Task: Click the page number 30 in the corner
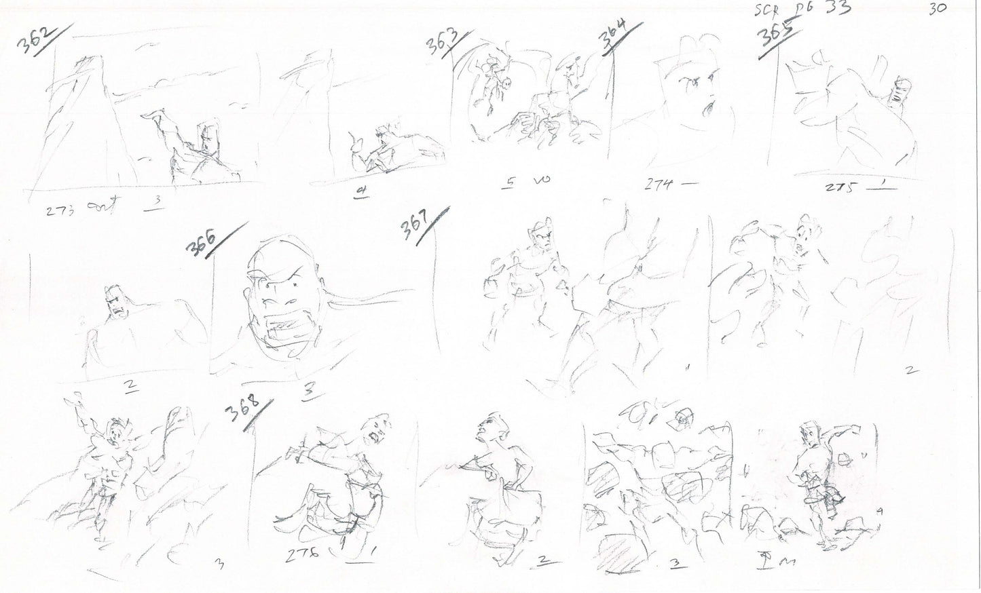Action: (940, 8)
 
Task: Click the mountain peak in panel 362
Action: (88, 64)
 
